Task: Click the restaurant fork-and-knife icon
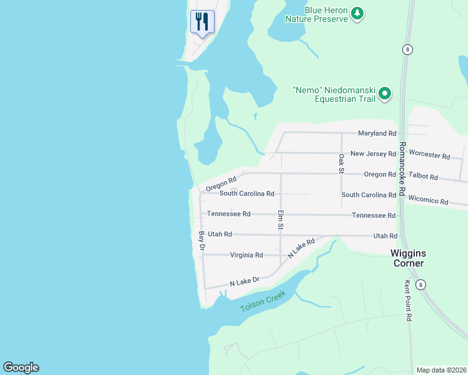(x=202, y=22)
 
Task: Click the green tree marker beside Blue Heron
(x=357, y=13)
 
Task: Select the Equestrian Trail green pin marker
(x=385, y=94)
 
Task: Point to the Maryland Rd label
(x=377, y=133)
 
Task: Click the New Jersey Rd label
(x=373, y=153)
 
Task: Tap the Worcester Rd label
(x=429, y=155)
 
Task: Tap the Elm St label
(x=281, y=219)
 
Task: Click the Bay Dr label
(x=201, y=241)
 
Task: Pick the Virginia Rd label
(x=246, y=255)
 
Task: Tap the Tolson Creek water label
(x=263, y=301)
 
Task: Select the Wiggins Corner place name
(x=407, y=258)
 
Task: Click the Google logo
(x=21, y=367)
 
